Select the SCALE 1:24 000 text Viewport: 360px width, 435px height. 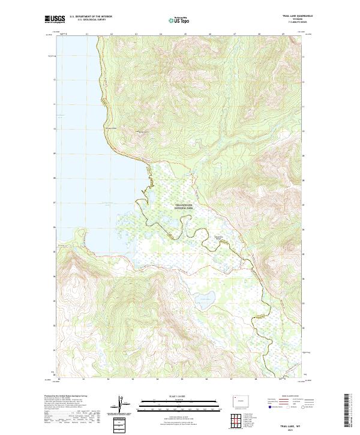(x=179, y=396)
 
